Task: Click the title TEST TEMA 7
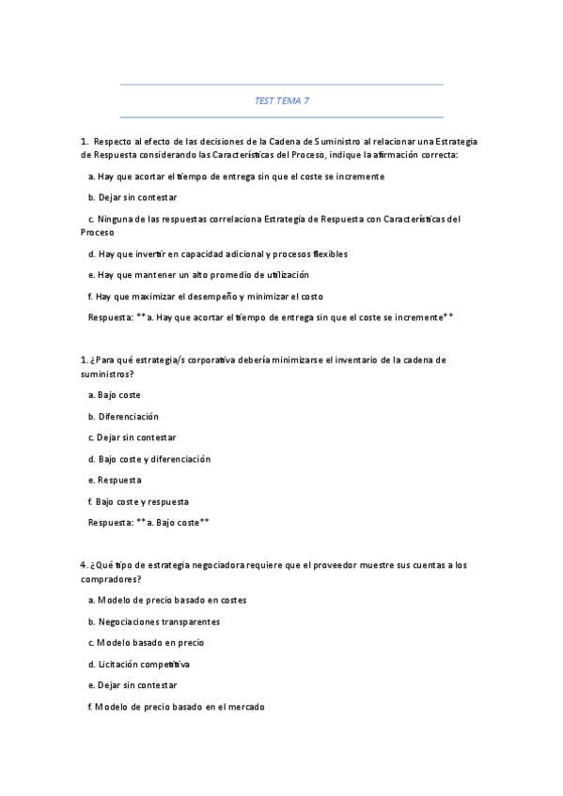click(281, 100)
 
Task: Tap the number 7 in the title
click(306, 100)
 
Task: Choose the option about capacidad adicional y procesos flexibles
click(217, 253)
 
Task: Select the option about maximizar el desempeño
click(204, 297)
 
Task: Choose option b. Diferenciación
click(123, 416)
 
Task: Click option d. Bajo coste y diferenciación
click(149, 459)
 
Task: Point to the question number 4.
click(84, 565)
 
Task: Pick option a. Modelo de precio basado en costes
click(167, 600)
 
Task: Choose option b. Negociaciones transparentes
click(153, 621)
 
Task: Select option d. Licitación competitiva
click(138, 665)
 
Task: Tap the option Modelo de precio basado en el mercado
click(175, 707)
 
